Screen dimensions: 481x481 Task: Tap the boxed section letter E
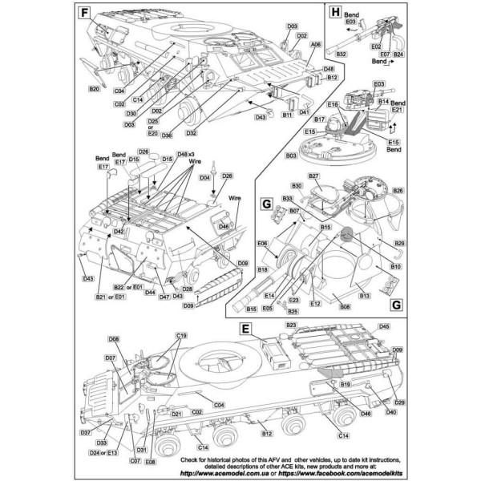[246, 328]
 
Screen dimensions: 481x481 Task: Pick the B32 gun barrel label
[341, 53]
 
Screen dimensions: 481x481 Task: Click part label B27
[313, 176]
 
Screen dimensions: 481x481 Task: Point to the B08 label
[346, 307]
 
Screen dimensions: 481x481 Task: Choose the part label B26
[398, 191]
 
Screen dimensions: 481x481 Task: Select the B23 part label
[291, 325]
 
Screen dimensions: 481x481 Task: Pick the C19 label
[181, 334]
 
